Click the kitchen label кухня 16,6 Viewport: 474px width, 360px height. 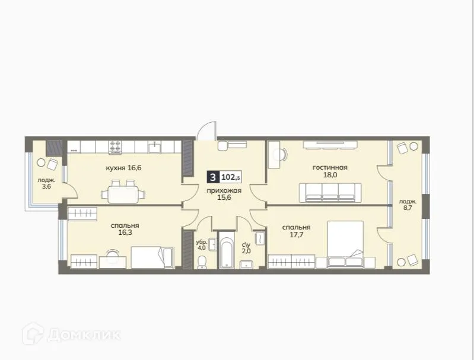point(123,168)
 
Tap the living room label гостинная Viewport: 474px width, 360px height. point(330,167)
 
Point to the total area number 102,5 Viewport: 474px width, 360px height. point(230,177)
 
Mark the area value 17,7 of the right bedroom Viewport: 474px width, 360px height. point(295,236)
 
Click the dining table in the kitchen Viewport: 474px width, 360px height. point(125,193)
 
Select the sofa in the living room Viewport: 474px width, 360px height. point(329,192)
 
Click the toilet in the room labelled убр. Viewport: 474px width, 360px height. point(202,262)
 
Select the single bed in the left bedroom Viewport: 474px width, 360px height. point(151,257)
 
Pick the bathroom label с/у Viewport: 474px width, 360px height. point(246,243)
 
